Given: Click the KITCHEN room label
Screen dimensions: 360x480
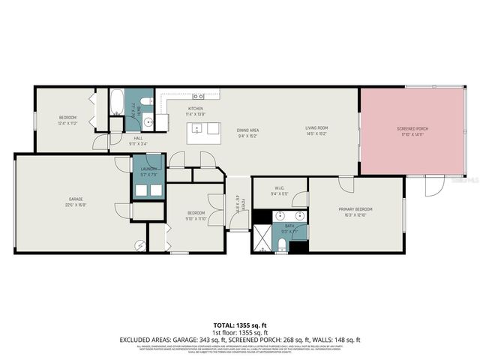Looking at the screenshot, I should [196, 109].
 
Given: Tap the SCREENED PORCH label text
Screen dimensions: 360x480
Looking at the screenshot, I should [412, 130].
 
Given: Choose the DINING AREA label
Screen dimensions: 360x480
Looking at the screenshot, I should [247, 130].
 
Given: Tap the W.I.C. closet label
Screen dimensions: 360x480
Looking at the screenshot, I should [277, 187].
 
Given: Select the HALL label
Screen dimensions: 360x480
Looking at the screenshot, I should [138, 138].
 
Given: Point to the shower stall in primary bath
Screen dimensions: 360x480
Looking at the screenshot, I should [262, 238].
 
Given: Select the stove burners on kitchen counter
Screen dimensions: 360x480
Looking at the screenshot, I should [199, 96].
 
